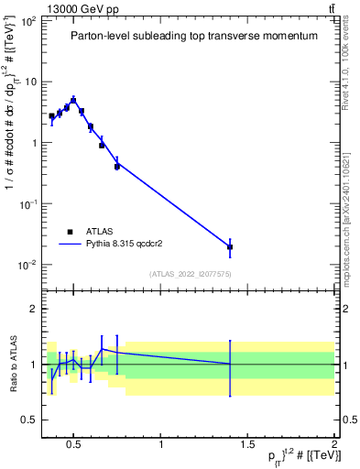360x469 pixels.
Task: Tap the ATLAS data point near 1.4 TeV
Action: coord(230,246)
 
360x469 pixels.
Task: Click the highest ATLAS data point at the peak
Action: coord(73,101)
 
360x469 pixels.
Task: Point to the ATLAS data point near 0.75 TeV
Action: coord(117,166)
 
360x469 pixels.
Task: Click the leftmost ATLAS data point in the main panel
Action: coord(52,116)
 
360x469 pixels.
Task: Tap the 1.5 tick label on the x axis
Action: coord(248,444)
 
